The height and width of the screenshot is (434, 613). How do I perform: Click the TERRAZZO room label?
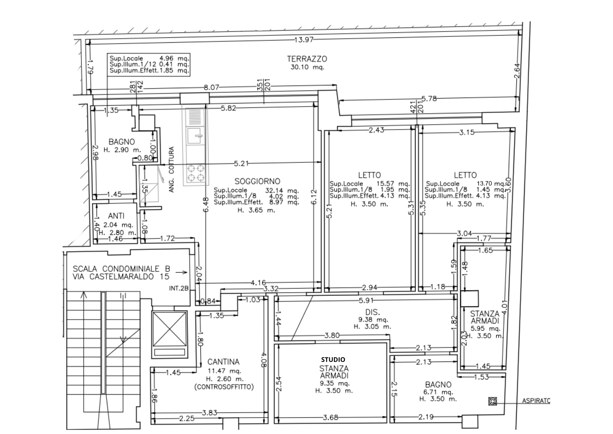coord(307,59)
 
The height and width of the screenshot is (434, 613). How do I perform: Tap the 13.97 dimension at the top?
coord(303,40)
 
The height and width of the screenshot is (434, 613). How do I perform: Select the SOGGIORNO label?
coord(257,181)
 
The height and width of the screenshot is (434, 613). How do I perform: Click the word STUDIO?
coord(333,359)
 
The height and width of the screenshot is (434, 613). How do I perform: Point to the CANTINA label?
coord(223,362)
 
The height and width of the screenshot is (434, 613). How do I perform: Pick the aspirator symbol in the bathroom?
coord(492,401)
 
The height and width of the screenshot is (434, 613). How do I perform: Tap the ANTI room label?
coord(116,216)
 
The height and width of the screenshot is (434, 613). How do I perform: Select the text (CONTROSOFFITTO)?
coord(224,387)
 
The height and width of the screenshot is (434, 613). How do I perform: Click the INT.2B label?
coord(179,289)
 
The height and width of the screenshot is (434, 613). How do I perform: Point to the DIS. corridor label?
coord(372,312)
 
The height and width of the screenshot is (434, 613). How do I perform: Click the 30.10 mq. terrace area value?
coord(307,67)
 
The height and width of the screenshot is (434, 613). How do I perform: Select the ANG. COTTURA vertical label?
coord(171,169)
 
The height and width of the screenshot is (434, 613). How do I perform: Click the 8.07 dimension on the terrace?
coord(211,87)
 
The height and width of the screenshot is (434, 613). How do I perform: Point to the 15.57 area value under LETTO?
coord(385,184)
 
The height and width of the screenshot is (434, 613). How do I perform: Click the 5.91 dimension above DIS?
coord(366,300)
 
